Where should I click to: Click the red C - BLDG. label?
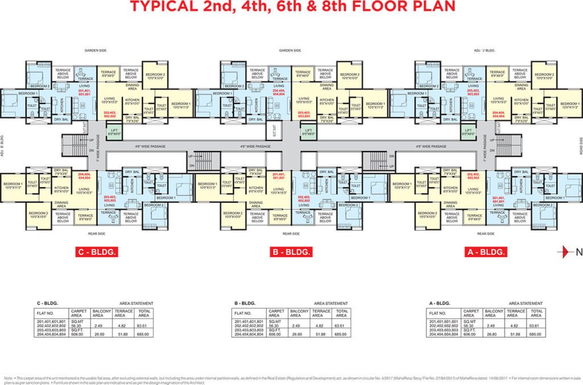point(97,251)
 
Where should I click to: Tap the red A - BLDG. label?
point(486,251)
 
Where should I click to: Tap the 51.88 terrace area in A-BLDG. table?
point(517,334)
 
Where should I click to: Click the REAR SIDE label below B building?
point(291,233)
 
